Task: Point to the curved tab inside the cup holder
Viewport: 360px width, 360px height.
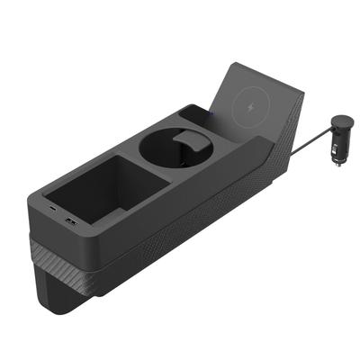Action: coord(187,137)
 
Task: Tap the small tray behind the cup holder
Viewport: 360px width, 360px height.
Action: coord(195,115)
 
